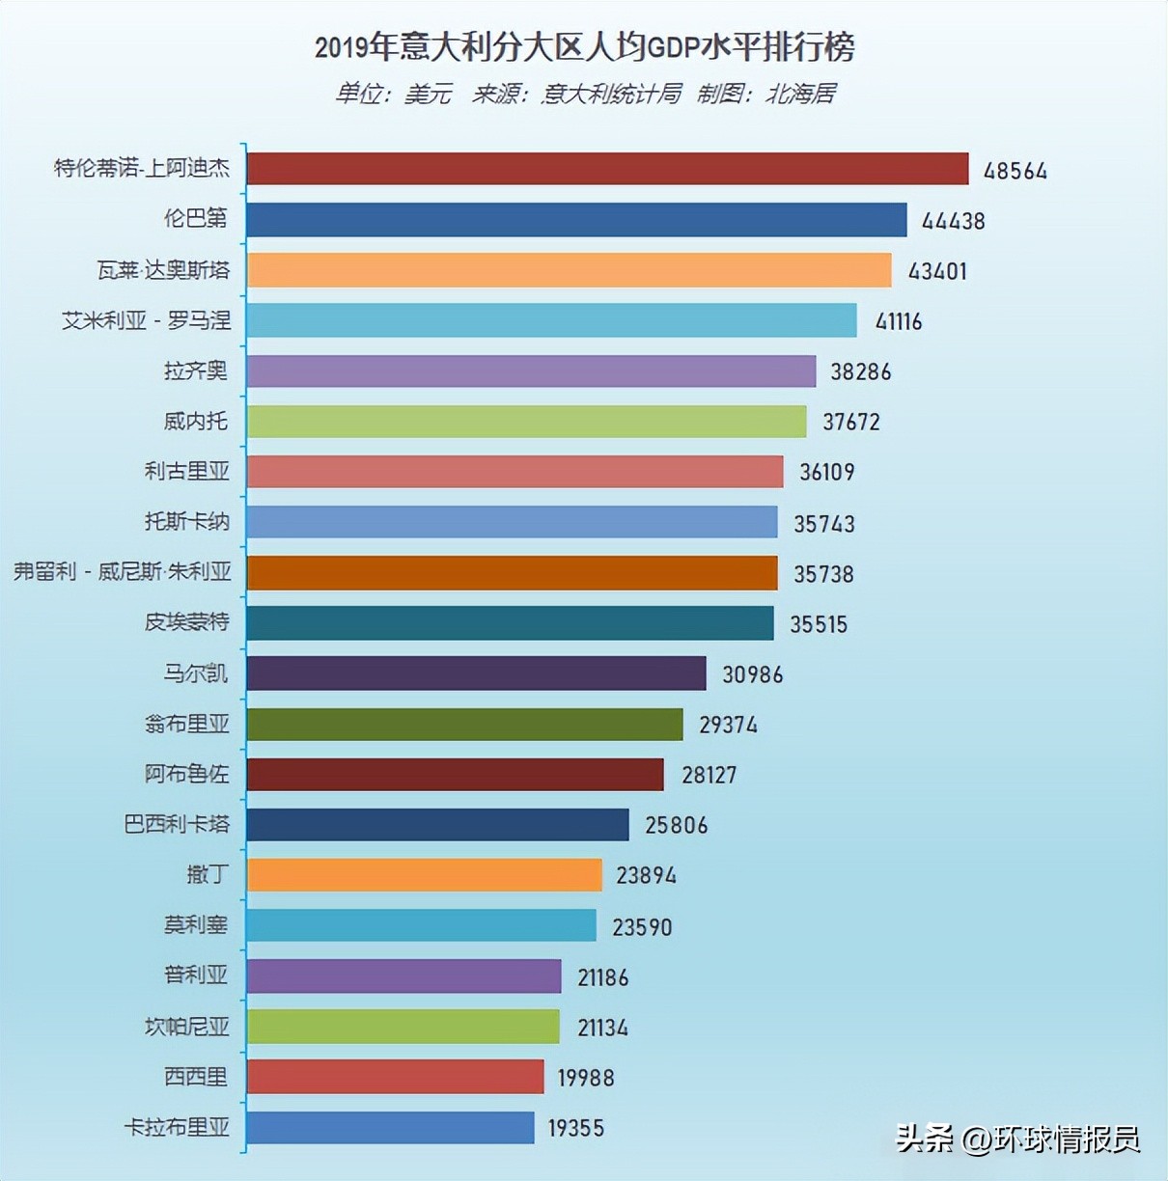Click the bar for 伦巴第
pyautogui.click(x=576, y=220)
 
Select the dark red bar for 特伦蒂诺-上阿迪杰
pyautogui.click(x=607, y=169)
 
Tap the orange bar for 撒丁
pyautogui.click(x=424, y=875)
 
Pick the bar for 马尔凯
pyautogui.click(x=476, y=673)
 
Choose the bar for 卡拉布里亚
pyautogui.click(x=390, y=1127)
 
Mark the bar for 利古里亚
pyautogui.click(x=514, y=472)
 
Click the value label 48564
pyautogui.click(x=1015, y=171)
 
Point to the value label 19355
pyautogui.click(x=576, y=1128)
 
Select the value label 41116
pyautogui.click(x=898, y=321)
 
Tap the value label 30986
pyautogui.click(x=752, y=674)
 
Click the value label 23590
pyautogui.click(x=642, y=927)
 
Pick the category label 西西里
pyautogui.click(x=196, y=1076)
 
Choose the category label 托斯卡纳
pyautogui.click(x=187, y=522)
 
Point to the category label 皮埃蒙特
pyautogui.click(x=187, y=622)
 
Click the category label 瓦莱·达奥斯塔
pyautogui.click(x=163, y=270)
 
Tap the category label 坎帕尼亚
pyautogui.click(x=187, y=1026)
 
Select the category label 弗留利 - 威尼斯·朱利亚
pyautogui.click(x=123, y=572)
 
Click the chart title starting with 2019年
pyautogui.click(x=584, y=46)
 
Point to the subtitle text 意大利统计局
pyautogui.click(x=611, y=94)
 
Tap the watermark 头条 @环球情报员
pyautogui.click(x=1017, y=1140)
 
